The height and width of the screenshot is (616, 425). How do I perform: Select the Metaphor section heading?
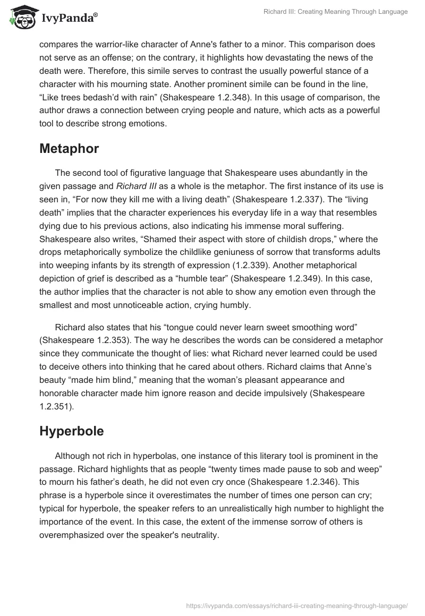click(69, 149)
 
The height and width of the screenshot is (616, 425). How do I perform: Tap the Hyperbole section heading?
click(71, 431)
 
